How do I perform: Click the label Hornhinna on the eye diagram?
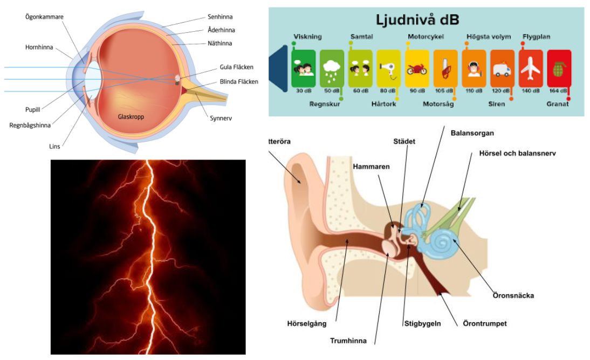pos(39,47)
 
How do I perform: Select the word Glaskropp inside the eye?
pos(131,116)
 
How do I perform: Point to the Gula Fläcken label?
pos(236,67)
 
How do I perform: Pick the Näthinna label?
pos(219,43)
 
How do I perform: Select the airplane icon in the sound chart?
pos(531,68)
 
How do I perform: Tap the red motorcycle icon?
pos(416,70)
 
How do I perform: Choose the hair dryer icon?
pos(388,69)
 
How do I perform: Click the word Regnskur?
pos(325,104)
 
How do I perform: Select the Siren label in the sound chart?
pos(497,104)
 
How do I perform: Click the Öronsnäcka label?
pos(513,296)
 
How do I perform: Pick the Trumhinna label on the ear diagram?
pos(348,341)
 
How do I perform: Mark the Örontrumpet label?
pos(485,324)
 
